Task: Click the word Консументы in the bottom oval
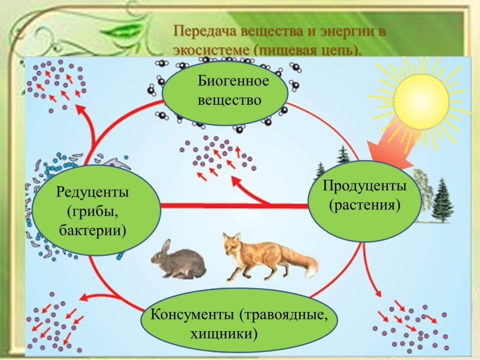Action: click(192, 315)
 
